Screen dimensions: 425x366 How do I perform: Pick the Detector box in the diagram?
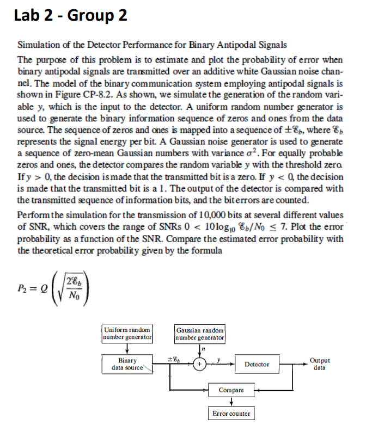tap(257, 364)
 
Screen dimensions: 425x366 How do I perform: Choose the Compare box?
tap(231, 390)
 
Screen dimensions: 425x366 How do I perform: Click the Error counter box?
tap(231, 414)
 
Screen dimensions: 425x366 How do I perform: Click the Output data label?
tap(319, 364)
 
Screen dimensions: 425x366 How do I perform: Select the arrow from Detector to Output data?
tap(293, 364)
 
